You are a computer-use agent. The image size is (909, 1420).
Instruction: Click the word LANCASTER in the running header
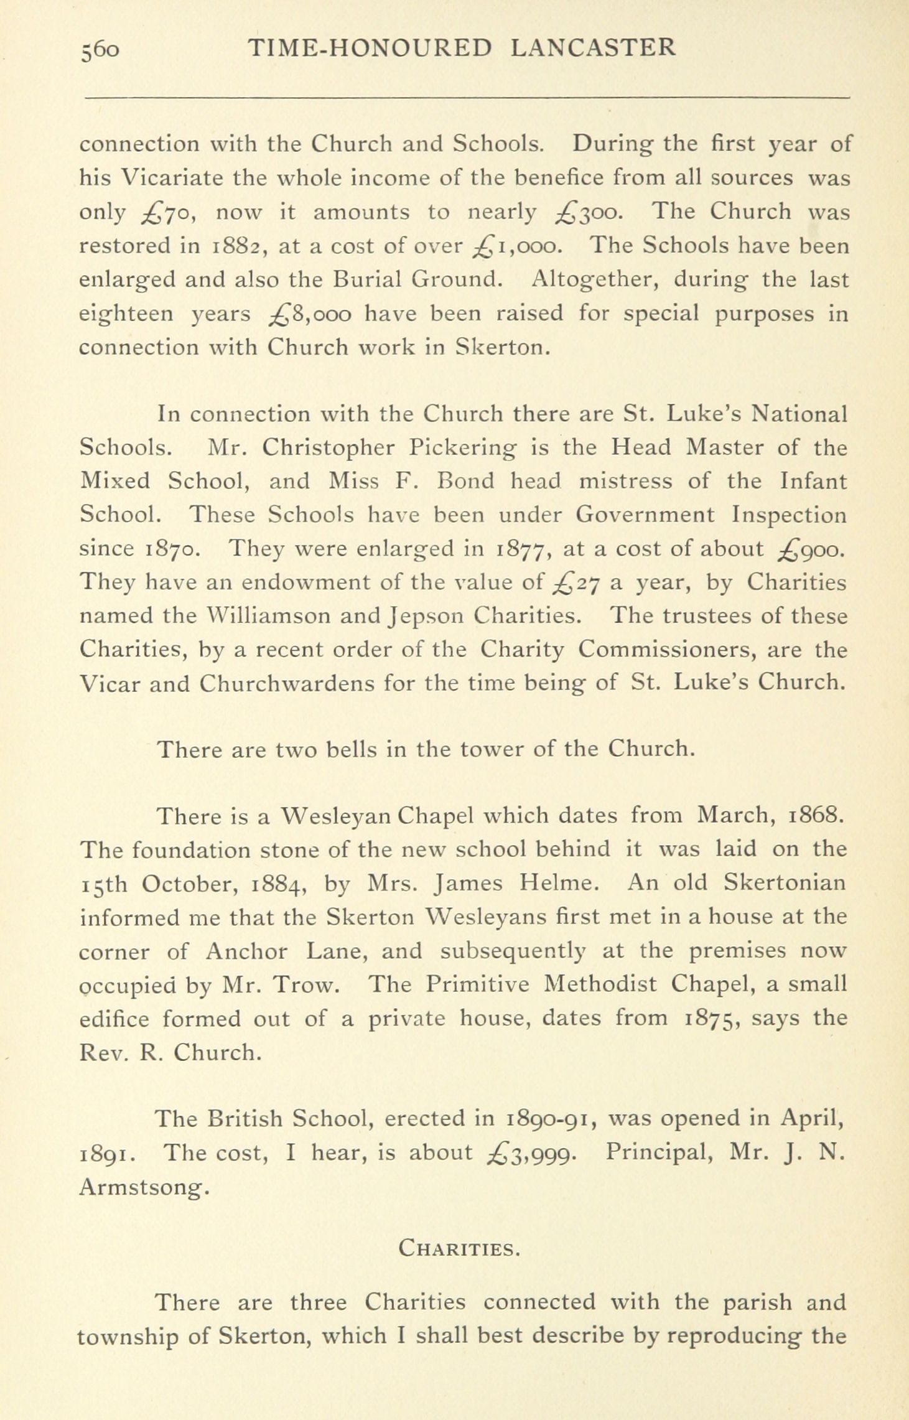tap(593, 47)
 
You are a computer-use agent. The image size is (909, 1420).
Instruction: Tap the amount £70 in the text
tap(168, 213)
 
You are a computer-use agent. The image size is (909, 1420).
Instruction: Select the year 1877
tap(521, 549)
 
